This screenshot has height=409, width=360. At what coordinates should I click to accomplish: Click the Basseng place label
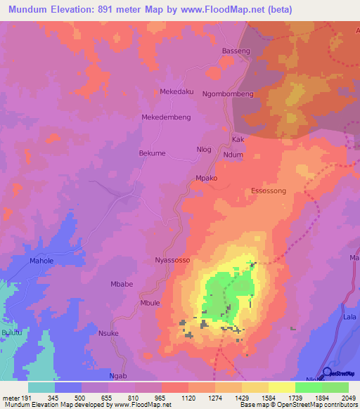tap(236, 51)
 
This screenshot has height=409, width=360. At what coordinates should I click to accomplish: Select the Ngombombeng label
tap(227, 93)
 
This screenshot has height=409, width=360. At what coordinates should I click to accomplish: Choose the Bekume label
tap(152, 152)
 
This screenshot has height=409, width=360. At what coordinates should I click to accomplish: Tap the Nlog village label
tap(203, 150)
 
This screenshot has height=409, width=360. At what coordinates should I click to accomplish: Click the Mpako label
tap(207, 178)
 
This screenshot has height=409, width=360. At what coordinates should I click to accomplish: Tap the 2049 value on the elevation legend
tap(348, 398)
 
